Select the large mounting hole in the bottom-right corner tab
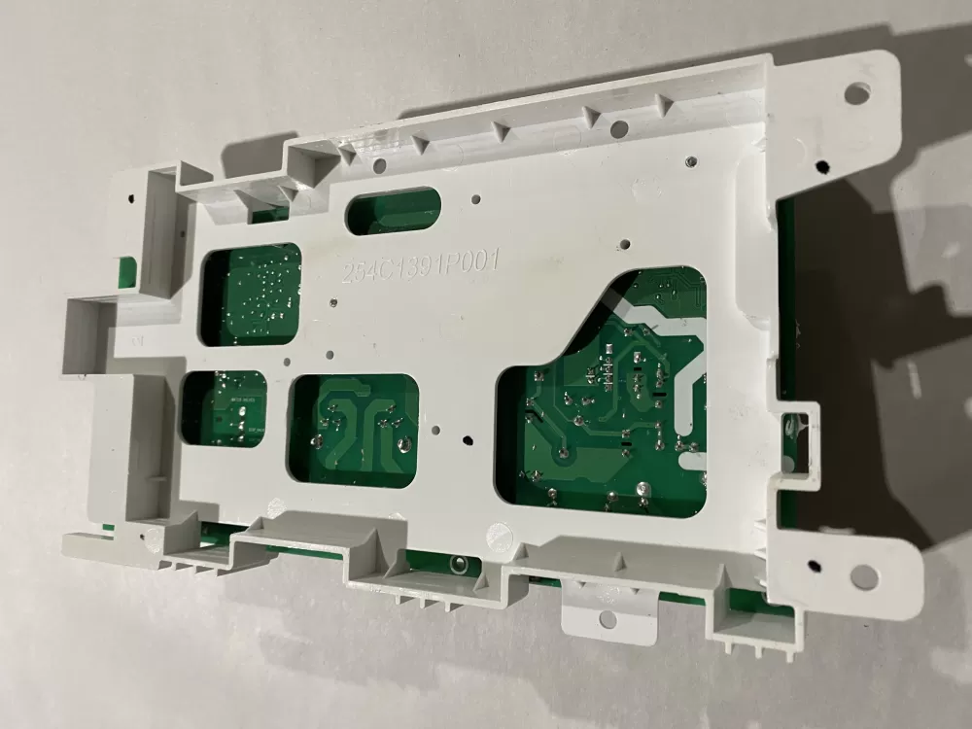pyautogui.click(x=863, y=576)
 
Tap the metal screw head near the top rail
pyautogui.click(x=687, y=159)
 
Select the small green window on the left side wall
pyautogui.click(x=123, y=268)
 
